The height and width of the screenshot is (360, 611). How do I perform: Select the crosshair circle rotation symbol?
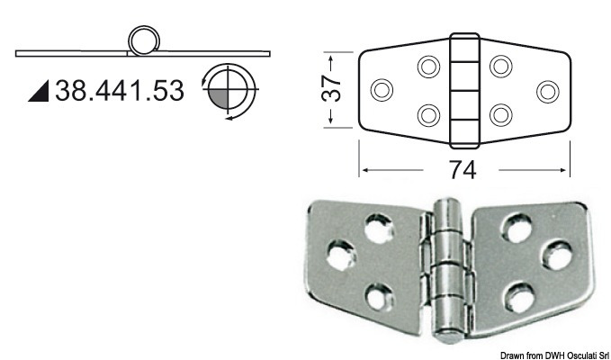click(231, 92)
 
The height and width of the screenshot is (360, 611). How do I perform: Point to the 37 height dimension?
click(332, 90)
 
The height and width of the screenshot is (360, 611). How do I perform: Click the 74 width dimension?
click(465, 169)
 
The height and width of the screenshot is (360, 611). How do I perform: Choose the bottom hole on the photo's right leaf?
click(517, 293)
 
